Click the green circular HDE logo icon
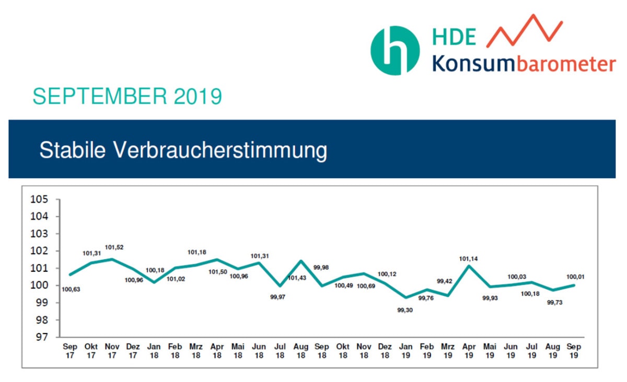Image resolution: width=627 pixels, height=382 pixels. [395, 51]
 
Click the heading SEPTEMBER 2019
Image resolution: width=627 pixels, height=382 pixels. [127, 97]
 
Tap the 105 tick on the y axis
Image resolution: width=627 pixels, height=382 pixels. [39, 200]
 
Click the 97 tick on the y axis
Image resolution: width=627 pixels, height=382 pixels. [41, 337]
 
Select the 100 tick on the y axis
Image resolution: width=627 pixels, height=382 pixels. [39, 285]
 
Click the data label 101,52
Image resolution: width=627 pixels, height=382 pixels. [114, 247]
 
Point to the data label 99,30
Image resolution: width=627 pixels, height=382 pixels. [405, 310]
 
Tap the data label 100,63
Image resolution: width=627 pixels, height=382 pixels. [70, 289]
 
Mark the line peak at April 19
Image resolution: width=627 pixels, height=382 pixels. [470, 265]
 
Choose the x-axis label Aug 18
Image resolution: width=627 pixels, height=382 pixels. [300, 351]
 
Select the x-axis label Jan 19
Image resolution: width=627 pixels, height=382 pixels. [405, 351]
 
